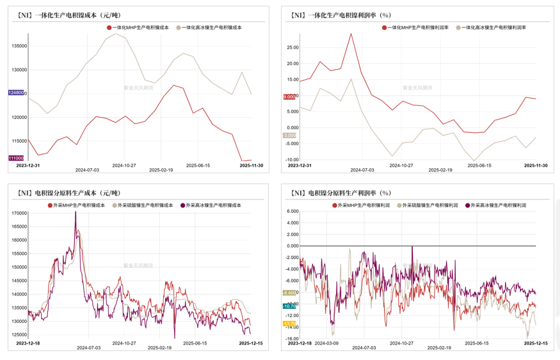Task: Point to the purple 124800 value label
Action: point(17,93)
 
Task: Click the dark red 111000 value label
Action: point(16,158)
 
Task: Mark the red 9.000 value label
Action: point(290,97)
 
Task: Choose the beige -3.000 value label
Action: point(290,136)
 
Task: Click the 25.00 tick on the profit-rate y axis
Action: point(293,47)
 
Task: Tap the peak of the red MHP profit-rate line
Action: point(351,34)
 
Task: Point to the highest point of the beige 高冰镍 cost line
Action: point(115,33)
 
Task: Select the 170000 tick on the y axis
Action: point(19,213)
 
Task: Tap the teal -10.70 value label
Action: point(289,306)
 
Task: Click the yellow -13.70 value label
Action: point(289,324)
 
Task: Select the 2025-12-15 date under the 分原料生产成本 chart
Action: point(251,343)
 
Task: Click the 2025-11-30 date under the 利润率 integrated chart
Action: point(536,165)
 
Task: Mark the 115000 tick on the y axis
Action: point(19,141)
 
